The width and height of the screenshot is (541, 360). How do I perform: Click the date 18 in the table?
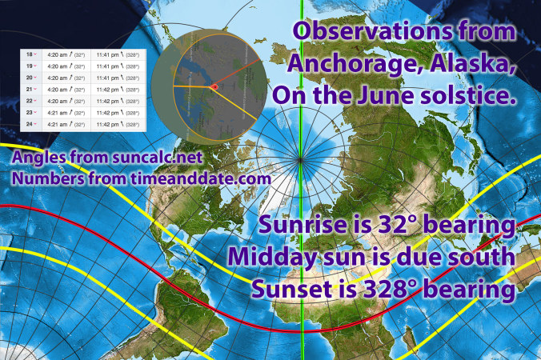point(30,55)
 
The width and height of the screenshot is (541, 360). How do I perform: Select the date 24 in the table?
point(30,125)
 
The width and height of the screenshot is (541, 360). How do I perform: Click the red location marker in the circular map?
point(214,86)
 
